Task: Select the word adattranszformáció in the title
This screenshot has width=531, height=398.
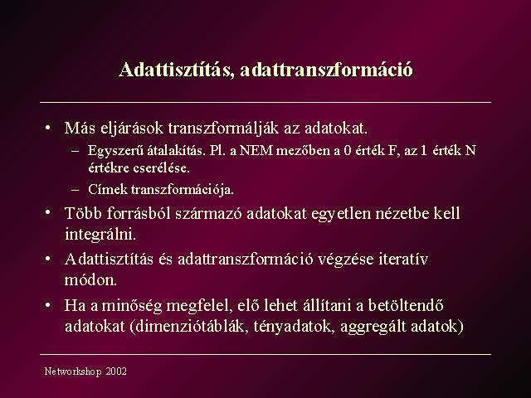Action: coord(327,70)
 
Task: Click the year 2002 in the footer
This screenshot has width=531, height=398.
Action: coord(116,371)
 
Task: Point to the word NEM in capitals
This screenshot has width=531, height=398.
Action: coord(256,150)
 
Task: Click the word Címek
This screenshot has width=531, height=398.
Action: coord(108,189)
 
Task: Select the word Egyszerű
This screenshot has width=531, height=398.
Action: coord(115,151)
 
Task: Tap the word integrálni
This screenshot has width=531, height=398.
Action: coord(100,234)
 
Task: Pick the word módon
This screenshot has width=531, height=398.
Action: coord(90,280)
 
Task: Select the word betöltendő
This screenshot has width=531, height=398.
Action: coord(406,305)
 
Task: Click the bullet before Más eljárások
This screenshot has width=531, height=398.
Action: coord(48,129)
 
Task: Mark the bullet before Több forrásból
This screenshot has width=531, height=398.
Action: coord(48,213)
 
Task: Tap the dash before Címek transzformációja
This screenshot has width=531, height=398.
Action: coord(76,189)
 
